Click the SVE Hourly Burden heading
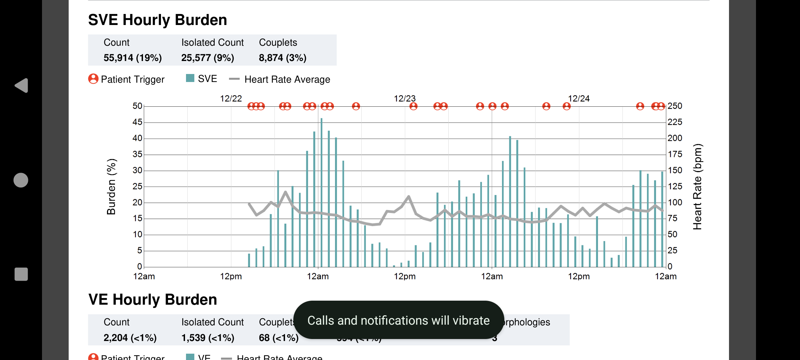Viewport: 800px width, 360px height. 157,20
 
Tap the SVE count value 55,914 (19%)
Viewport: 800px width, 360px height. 132,58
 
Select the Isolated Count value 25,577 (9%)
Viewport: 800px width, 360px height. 207,58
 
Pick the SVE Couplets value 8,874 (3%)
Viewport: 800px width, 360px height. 282,58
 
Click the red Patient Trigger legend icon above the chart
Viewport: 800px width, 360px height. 93,79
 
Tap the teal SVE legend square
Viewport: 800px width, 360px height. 190,78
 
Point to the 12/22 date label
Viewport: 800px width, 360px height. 231,99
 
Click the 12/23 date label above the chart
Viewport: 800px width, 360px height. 405,99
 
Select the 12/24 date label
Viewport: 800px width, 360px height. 579,99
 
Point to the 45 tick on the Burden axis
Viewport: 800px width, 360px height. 137,122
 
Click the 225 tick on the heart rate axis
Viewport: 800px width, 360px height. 675,122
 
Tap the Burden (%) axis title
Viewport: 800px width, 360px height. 111,187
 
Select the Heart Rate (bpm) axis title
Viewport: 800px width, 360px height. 697,187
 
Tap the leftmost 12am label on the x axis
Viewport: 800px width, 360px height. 144,276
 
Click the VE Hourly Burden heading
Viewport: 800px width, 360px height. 152,300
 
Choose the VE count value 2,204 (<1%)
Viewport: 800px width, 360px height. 130,338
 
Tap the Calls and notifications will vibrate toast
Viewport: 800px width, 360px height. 398,320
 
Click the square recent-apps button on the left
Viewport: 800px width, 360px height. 21,274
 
